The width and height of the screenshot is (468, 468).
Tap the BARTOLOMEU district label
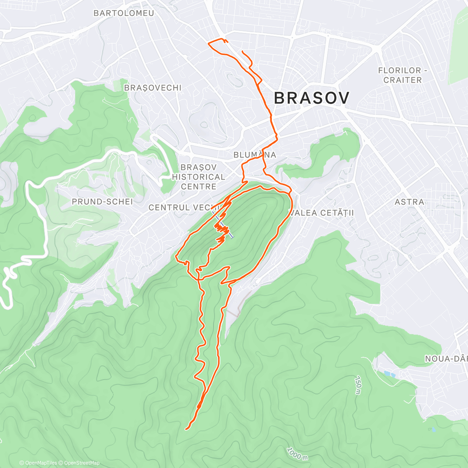124,13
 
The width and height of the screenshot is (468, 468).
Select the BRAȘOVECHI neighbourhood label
152,88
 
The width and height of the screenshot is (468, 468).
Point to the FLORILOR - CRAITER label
402,75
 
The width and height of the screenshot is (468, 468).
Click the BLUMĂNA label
255,155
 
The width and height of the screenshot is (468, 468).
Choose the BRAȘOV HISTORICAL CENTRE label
199,177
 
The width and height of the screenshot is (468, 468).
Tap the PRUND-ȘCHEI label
102,202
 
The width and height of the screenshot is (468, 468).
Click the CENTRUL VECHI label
183,207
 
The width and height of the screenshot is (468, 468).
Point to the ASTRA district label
409,202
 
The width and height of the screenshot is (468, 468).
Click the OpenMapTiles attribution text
38,463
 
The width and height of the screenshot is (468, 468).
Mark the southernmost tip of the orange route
186,429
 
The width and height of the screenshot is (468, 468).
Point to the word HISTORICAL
199,177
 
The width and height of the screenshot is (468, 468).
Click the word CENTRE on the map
199,186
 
